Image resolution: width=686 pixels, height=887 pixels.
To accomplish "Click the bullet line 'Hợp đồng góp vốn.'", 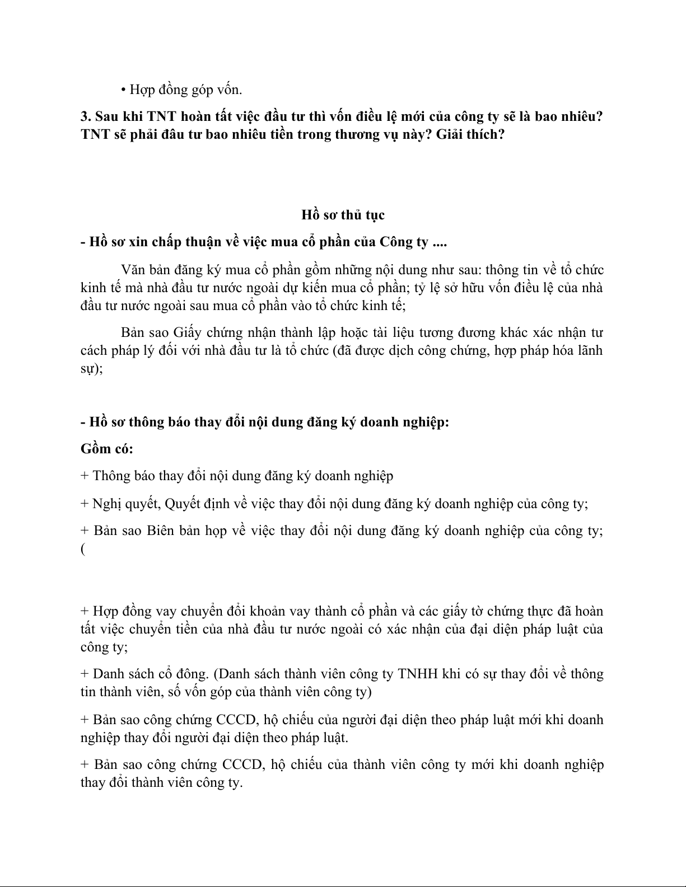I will [182, 90].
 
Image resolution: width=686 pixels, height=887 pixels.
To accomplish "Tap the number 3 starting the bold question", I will [85, 117].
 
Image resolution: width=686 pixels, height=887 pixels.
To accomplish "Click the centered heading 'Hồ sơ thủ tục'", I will [343, 215].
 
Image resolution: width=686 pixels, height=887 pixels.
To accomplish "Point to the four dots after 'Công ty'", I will [440, 242].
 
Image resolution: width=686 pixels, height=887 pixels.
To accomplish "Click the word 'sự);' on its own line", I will [91, 369].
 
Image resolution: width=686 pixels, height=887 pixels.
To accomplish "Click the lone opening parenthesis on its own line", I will [83, 549].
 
